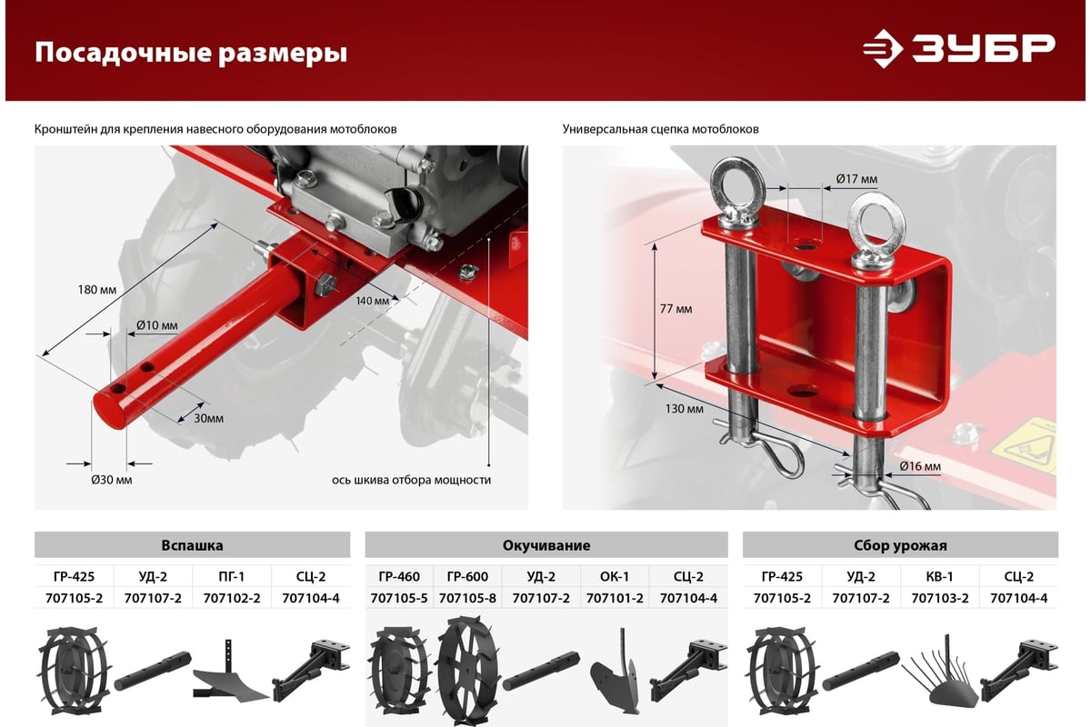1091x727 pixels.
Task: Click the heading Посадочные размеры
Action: [x=191, y=53]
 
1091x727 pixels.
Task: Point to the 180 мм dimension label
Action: [x=97, y=290]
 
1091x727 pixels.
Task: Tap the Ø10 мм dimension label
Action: [x=156, y=324]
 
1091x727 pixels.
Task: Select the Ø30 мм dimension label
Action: [x=112, y=479]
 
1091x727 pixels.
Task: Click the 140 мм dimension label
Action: [x=372, y=300]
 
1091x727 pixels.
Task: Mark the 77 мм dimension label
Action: [x=676, y=309]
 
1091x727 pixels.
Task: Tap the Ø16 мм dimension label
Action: [x=919, y=466]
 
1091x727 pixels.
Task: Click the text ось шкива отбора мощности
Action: [x=412, y=479]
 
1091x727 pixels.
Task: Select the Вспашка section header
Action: [x=192, y=545]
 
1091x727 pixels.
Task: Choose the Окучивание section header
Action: [x=545, y=545]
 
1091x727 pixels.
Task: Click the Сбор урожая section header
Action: [x=900, y=545]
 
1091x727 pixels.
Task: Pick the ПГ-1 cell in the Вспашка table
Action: [x=231, y=576]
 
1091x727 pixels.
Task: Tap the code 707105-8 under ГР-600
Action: [x=466, y=597]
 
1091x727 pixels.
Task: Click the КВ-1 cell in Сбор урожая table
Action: [x=939, y=576]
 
